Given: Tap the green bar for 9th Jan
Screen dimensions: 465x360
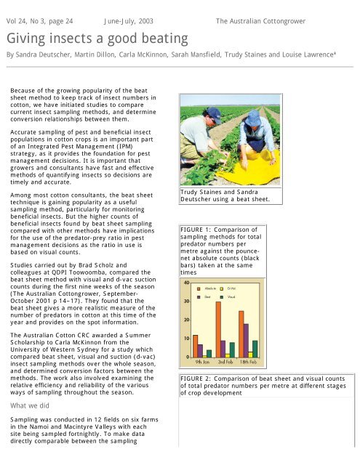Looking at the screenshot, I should (209, 353).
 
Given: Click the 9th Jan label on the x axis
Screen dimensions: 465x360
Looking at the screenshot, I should (207, 361).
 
